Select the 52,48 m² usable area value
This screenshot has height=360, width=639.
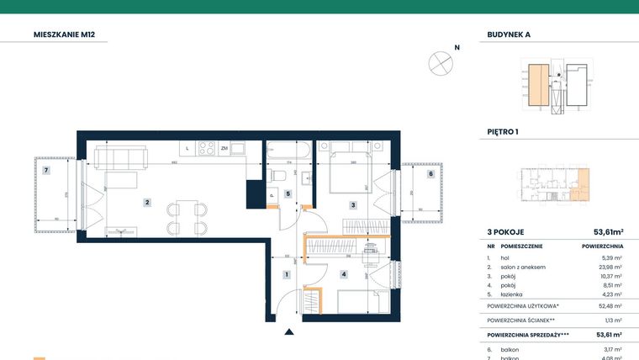tap(609, 306)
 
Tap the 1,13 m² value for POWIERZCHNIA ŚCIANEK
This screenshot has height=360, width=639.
tap(611, 320)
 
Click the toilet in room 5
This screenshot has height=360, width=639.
tap(280, 175)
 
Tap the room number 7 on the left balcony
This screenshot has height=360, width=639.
tap(47, 171)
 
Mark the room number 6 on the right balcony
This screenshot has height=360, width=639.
tap(430, 174)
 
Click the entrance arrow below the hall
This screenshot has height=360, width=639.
tap(289, 334)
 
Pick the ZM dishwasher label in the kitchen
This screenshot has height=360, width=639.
tap(224, 149)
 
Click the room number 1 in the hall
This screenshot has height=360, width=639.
tap(286, 274)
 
